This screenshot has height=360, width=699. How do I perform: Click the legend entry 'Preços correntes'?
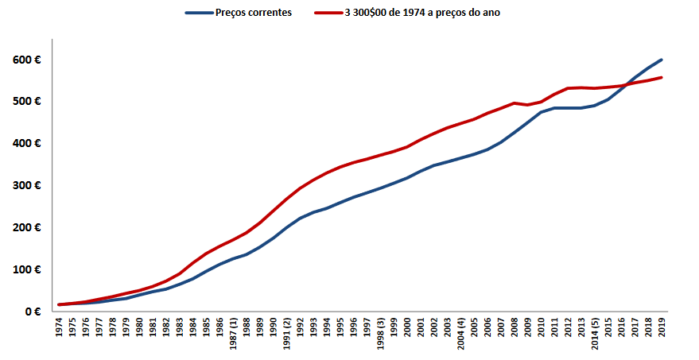click(x=247, y=13)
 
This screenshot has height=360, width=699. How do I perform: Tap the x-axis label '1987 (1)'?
click(x=234, y=335)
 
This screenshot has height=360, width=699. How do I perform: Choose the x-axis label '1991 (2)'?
click(x=287, y=335)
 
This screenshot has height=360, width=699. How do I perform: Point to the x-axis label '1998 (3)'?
click(x=381, y=335)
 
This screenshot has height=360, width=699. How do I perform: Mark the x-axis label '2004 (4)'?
click(x=461, y=335)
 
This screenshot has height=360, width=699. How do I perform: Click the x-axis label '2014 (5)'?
click(x=596, y=335)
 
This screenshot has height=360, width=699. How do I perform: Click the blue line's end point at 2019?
click(x=662, y=60)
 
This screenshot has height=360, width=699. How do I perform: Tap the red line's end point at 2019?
click(x=662, y=77)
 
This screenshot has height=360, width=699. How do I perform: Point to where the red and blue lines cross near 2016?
click(x=624, y=85)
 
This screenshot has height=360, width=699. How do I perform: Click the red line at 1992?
click(x=301, y=188)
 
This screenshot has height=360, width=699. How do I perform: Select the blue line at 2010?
click(x=542, y=112)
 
